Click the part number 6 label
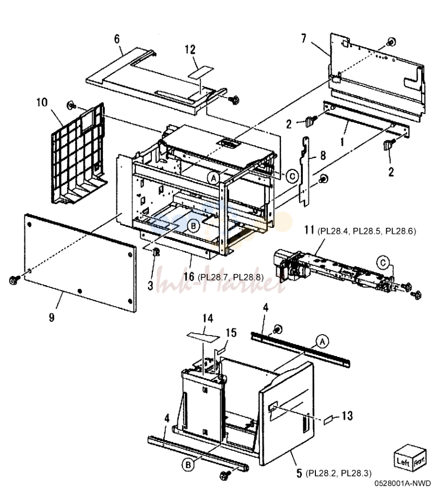(x=117, y=39)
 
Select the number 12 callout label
(x=190, y=50)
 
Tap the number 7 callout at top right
(x=303, y=38)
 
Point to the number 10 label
(x=42, y=102)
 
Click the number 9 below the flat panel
(x=52, y=317)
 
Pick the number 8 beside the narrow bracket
(x=323, y=155)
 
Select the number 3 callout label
(x=150, y=286)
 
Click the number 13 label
(x=347, y=416)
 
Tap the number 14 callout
(x=208, y=318)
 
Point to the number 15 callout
(x=231, y=333)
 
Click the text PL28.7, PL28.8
(x=231, y=277)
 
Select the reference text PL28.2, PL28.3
(x=339, y=473)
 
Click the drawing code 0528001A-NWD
(x=403, y=483)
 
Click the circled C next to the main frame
(x=292, y=176)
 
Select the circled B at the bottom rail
(x=188, y=465)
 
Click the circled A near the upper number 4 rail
(x=322, y=341)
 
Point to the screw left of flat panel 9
(x=15, y=279)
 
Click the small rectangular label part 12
(x=200, y=72)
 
